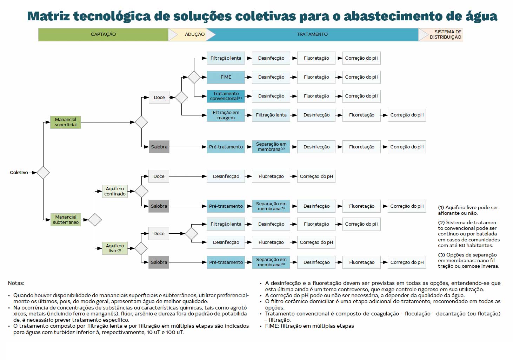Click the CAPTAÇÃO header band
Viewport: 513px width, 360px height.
coord(103,34)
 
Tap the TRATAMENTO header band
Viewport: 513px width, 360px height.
coord(312,34)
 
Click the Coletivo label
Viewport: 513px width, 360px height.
coord(19,173)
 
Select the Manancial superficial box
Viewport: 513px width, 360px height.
coord(66,122)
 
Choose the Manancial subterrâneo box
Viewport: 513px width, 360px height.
coord(66,220)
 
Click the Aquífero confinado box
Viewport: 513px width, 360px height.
coord(115,191)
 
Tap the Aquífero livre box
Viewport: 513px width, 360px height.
coord(115,248)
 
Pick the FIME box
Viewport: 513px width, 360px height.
coord(226,77)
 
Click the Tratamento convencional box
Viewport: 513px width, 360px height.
coord(226,96)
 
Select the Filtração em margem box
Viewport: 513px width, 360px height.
coord(226,115)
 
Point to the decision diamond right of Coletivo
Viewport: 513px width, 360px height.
coord(43,173)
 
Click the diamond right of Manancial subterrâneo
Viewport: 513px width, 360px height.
coord(95,220)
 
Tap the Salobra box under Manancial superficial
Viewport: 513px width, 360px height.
coord(159,147)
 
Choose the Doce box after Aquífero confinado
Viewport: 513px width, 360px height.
coord(159,176)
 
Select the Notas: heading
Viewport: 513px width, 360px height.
coord(16,283)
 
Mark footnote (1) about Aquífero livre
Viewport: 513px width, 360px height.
coord(468,210)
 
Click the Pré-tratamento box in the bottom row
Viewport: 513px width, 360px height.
coord(226,262)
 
